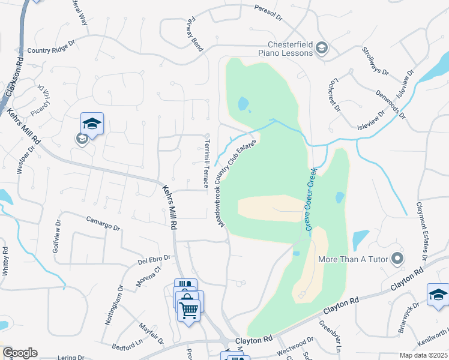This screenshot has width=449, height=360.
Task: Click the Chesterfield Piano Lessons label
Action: coord(291,48)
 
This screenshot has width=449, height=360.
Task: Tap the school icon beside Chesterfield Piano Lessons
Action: coord(322,49)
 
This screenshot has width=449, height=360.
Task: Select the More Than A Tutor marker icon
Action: coord(397,259)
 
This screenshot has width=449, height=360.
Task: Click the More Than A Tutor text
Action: coord(355,260)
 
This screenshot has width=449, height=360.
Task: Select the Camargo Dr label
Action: coord(103,224)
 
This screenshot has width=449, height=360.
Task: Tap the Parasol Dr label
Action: coord(268,13)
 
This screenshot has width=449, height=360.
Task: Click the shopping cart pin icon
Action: coord(189,310)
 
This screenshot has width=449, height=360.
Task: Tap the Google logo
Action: coord(19,353)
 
